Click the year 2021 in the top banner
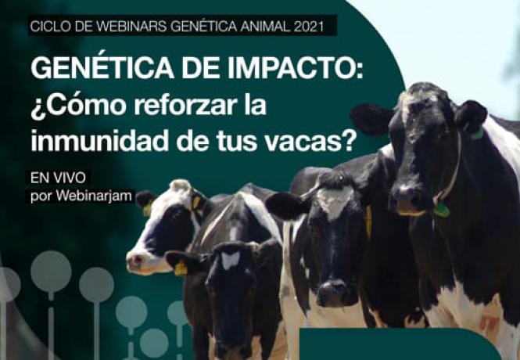(x=308, y=27)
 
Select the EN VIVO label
(x=58, y=178)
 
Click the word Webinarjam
(x=94, y=196)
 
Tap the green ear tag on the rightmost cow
(x=476, y=134)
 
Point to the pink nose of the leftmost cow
(x=135, y=261)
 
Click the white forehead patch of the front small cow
(x=231, y=260)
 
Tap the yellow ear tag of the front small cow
(x=181, y=268)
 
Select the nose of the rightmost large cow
(x=403, y=196)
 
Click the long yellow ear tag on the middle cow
(x=368, y=221)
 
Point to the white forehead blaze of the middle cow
(x=335, y=198)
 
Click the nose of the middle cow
(x=333, y=293)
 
